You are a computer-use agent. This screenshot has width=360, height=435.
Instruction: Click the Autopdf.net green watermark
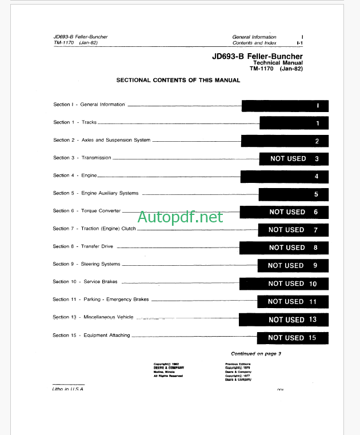[180, 217]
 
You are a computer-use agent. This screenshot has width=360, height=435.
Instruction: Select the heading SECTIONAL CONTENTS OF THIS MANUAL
[178, 81]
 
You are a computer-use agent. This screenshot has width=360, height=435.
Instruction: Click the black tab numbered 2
[285, 141]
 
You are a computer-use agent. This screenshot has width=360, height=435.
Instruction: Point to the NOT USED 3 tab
[294, 159]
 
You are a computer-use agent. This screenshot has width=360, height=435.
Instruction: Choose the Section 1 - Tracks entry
[75, 122]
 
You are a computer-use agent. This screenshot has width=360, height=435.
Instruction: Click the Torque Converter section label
[101, 211]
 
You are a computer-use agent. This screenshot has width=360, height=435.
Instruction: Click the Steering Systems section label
[101, 264]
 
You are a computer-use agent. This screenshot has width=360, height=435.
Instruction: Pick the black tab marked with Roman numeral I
[285, 106]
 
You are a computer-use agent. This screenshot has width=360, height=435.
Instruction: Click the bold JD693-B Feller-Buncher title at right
[257, 56]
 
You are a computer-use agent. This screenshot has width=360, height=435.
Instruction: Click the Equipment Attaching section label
[107, 336]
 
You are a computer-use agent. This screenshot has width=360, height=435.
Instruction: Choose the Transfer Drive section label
[98, 246]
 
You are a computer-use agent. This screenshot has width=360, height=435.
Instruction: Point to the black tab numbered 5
[294, 194]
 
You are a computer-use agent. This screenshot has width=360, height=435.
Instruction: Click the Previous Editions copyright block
[238, 371]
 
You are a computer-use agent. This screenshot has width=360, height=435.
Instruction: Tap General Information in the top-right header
[254, 37]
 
